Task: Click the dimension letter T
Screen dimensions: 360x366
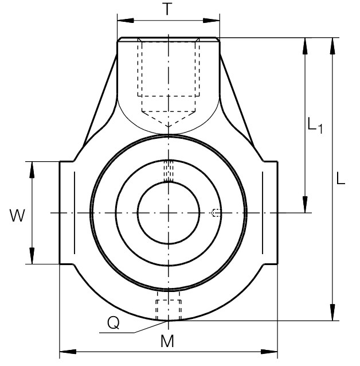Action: click(x=167, y=9)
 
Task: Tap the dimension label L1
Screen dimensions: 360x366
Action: click(x=315, y=126)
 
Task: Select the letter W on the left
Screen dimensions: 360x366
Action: click(x=17, y=216)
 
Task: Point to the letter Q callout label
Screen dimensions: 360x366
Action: click(x=114, y=324)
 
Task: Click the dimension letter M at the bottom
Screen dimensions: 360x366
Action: click(x=167, y=341)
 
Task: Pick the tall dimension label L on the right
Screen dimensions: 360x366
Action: click(x=341, y=178)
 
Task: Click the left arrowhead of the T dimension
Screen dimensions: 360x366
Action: click(x=126, y=21)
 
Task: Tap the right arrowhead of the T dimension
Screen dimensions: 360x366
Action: click(x=212, y=21)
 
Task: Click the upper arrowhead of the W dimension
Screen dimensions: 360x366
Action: click(x=32, y=170)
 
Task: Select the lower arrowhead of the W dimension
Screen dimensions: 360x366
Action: click(x=32, y=256)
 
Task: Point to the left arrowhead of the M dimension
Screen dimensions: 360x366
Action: click(x=68, y=352)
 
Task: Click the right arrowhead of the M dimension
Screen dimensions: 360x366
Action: click(x=269, y=352)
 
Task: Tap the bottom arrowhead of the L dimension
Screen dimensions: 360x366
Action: click(x=332, y=312)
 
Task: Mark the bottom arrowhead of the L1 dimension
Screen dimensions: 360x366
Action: click(x=305, y=204)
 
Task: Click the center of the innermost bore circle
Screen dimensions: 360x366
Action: click(x=169, y=213)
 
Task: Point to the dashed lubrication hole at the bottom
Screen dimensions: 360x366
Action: click(x=169, y=306)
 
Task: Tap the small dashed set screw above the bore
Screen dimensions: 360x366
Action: click(x=169, y=171)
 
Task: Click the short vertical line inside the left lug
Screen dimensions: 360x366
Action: click(x=75, y=213)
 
